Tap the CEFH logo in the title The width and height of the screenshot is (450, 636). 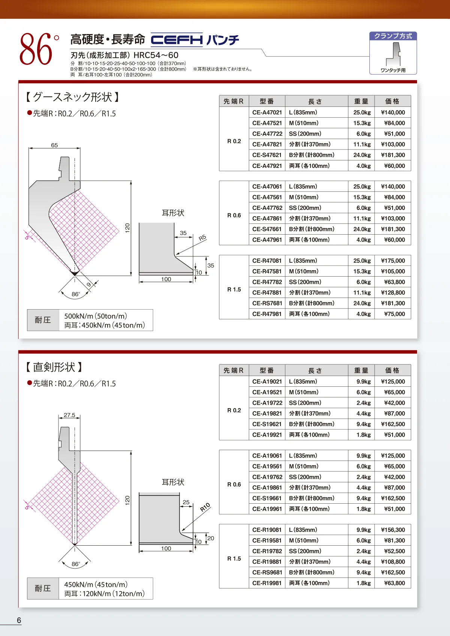177,40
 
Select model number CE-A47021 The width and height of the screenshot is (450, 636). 267,112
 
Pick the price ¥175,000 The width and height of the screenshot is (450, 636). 393,260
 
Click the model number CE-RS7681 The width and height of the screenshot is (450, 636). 267,303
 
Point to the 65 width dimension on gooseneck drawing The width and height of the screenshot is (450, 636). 54,145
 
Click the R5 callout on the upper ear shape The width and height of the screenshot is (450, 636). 202,238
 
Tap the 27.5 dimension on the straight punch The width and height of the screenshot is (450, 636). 69,415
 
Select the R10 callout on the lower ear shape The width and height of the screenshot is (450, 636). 205,507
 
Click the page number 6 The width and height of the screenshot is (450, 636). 19,620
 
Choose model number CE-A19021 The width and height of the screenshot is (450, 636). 267,382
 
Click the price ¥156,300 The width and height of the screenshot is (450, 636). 393,530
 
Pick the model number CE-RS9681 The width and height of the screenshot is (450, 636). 267,572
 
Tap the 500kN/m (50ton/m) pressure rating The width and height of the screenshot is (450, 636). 96,316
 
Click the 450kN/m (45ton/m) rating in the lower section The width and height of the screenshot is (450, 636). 96,584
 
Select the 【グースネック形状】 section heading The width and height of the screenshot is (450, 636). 72,97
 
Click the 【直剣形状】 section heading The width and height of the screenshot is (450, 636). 54,367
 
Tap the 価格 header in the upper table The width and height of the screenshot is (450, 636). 392,101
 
